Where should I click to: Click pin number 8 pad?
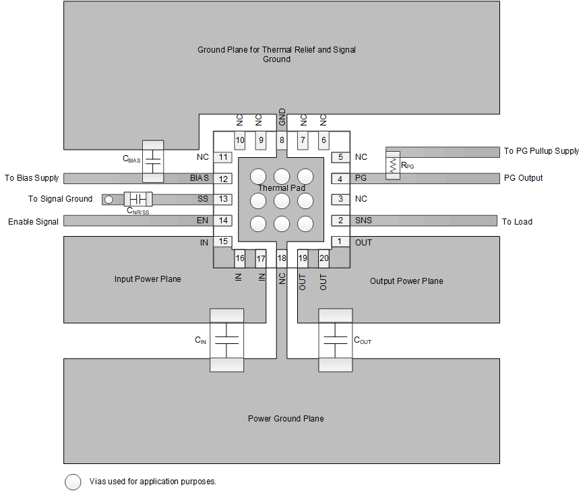click(x=282, y=140)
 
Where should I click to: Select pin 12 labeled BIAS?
click(x=224, y=179)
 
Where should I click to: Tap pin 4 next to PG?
click(x=340, y=179)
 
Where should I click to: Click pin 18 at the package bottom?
click(x=282, y=258)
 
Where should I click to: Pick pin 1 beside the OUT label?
click(x=340, y=241)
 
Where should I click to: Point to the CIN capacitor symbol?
click(x=226, y=341)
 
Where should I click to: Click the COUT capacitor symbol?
click(x=335, y=341)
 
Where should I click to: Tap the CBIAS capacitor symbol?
click(x=153, y=161)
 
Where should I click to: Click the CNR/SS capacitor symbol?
click(x=138, y=199)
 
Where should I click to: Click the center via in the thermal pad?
click(x=282, y=200)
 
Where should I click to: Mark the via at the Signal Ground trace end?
click(x=108, y=199)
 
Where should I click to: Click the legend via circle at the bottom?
click(x=73, y=482)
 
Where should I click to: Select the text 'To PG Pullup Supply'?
click(x=541, y=151)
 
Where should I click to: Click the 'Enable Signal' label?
click(x=33, y=221)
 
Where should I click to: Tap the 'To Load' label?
click(x=517, y=221)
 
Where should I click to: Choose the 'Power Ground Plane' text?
click(x=286, y=419)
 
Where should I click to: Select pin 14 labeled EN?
click(x=224, y=221)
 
